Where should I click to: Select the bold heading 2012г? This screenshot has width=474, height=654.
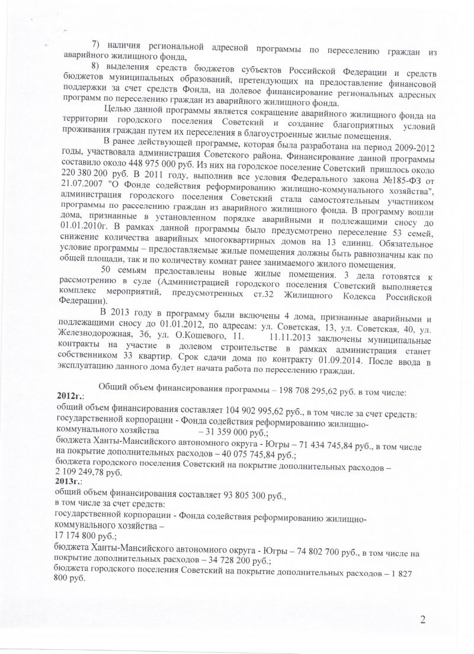tap(70, 395)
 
